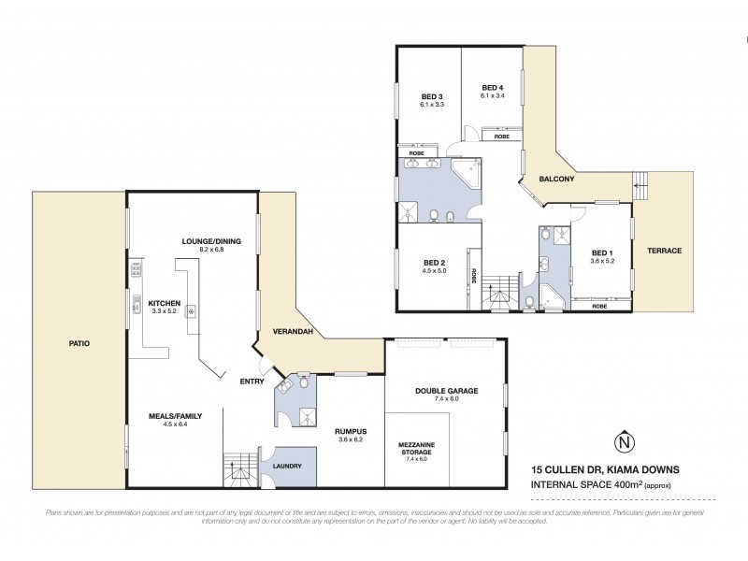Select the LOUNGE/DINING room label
pyautogui.click(x=211, y=241)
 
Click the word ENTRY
pyautogui.click(x=252, y=381)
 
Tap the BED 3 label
pyautogui.click(x=431, y=97)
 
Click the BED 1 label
pyautogui.click(x=603, y=252)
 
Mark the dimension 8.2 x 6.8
pyautogui.click(x=211, y=251)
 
